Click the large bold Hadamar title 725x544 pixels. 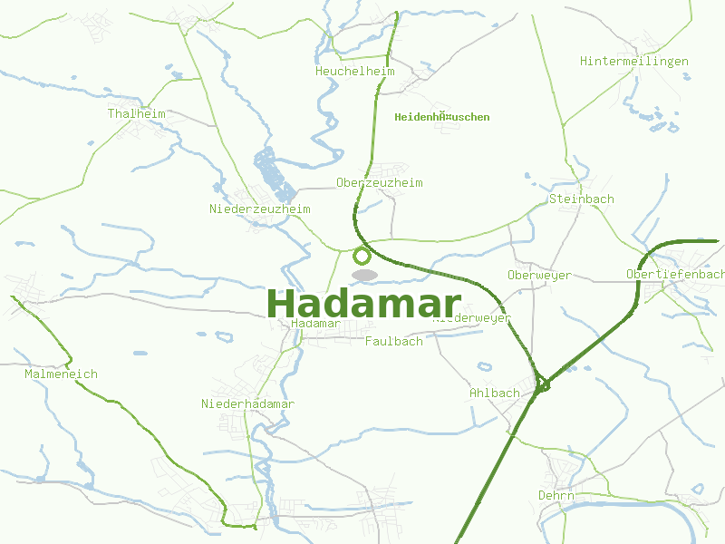[x=363, y=303]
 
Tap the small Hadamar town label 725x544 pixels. [x=316, y=324]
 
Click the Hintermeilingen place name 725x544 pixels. [x=634, y=62]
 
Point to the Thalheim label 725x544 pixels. [x=136, y=114]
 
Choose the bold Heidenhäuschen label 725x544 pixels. [x=442, y=117]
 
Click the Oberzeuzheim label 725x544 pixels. [x=379, y=183]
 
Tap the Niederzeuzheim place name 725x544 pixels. [x=259, y=209]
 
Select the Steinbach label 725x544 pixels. [x=582, y=199]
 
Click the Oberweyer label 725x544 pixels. [x=539, y=276]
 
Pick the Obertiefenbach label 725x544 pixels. [x=675, y=274]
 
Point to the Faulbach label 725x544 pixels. [x=393, y=342]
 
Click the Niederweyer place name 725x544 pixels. [x=473, y=318]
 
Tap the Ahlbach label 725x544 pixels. [x=495, y=393]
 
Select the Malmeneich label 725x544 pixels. [x=61, y=374]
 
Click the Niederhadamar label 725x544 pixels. [x=247, y=403]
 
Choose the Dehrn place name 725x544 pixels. [x=556, y=496]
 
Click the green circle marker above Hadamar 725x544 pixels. [x=362, y=256]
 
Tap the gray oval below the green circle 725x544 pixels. [x=364, y=275]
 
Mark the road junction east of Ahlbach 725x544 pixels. [x=543, y=385]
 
